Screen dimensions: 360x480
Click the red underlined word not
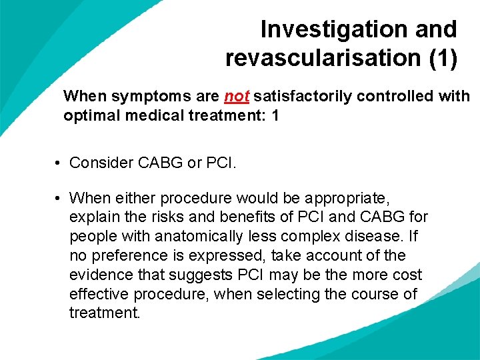coord(237,97)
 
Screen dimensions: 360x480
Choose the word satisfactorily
coord(303,97)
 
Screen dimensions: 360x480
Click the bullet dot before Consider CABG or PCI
coord(59,162)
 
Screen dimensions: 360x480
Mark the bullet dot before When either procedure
coord(59,198)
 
